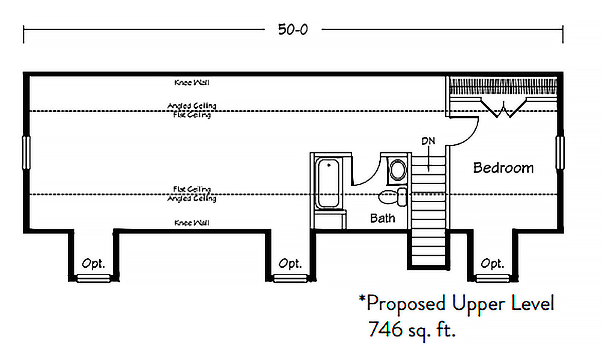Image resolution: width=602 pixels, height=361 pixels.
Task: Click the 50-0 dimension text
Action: tap(293, 29)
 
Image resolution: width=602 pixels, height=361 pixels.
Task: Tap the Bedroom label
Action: tap(503, 168)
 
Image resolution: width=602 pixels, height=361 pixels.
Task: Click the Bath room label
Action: tap(382, 218)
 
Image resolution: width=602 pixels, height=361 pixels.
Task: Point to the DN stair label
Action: tap(428, 141)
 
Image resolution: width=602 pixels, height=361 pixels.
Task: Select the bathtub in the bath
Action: tap(328, 183)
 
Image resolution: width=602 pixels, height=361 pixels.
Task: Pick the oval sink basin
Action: tap(397, 170)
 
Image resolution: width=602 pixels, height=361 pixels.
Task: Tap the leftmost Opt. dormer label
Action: tap(93, 264)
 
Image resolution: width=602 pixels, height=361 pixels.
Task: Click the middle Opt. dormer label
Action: tap(290, 264)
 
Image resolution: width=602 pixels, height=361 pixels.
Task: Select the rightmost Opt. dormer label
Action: tap(492, 264)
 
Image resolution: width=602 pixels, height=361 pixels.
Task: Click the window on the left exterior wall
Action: tap(26, 153)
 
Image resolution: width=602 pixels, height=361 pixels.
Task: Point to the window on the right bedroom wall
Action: tap(560, 153)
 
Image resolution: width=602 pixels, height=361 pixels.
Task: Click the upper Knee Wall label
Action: tap(192, 82)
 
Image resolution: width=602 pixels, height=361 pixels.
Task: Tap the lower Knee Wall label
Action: tap(192, 223)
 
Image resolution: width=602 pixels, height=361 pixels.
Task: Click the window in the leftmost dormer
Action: tap(93, 278)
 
